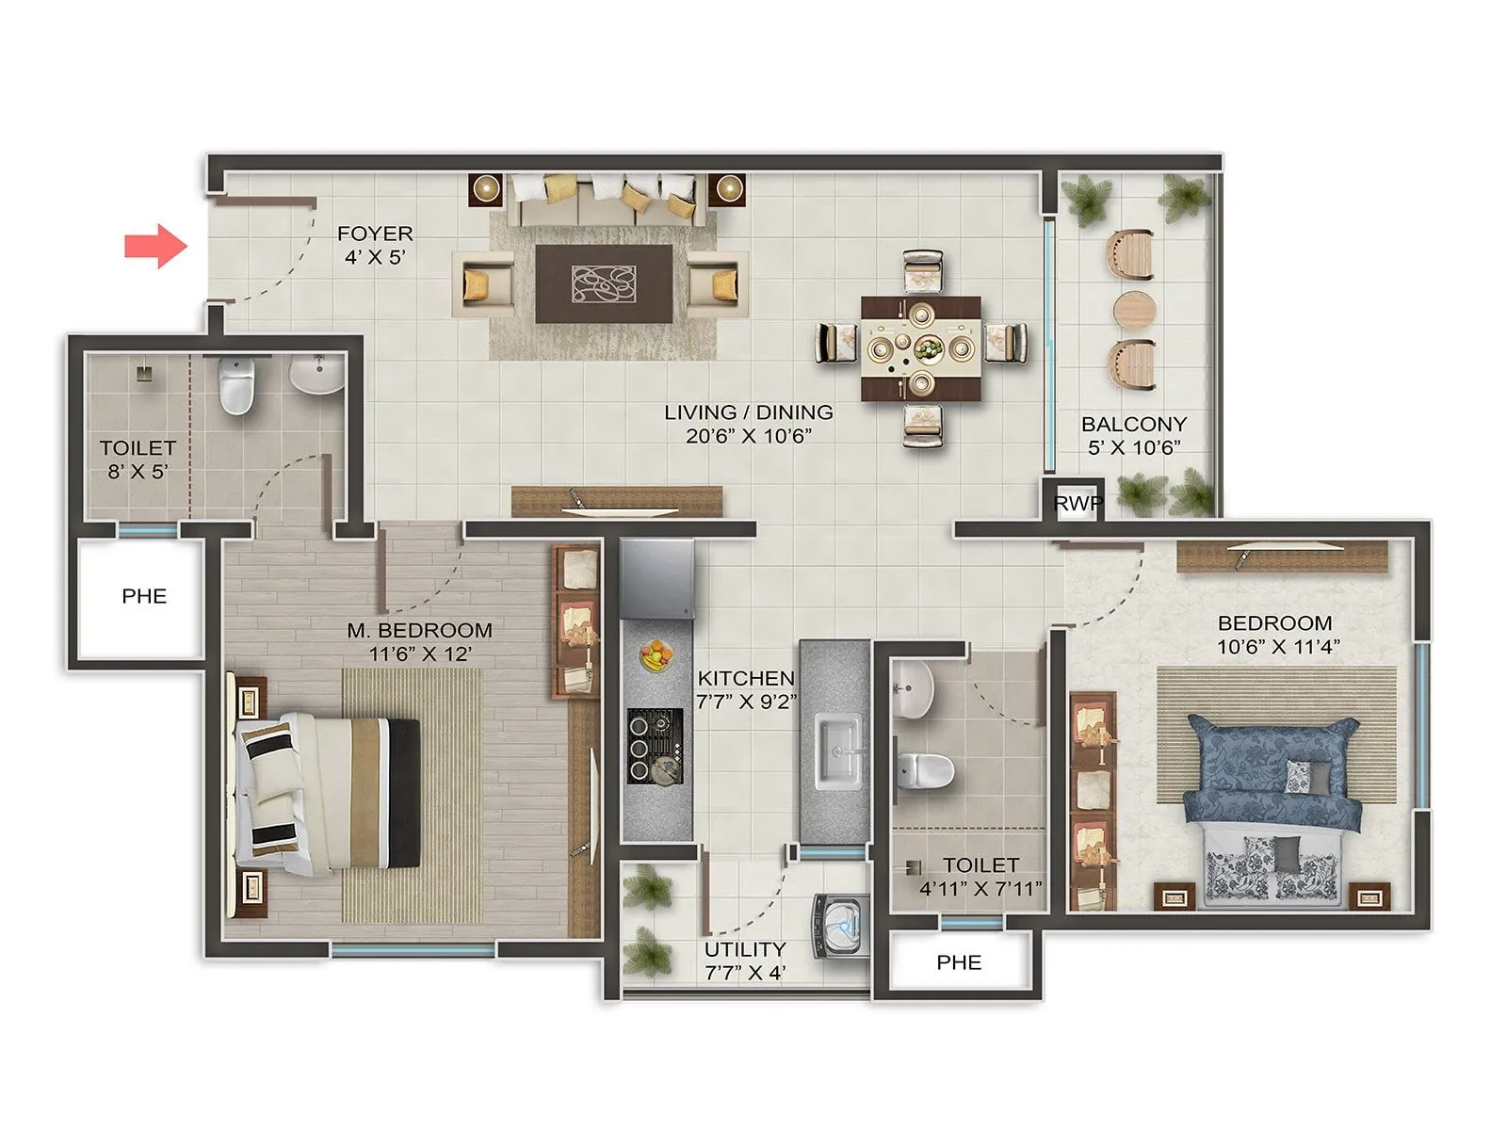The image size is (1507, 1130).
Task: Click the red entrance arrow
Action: point(156,246)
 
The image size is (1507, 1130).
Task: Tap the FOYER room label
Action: point(375,234)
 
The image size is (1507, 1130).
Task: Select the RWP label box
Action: point(1077,503)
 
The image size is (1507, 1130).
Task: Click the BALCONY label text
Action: point(1133,424)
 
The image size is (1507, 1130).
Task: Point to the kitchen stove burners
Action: point(655,746)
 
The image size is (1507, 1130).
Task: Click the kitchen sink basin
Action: point(838,749)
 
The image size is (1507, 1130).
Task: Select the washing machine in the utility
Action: point(842,925)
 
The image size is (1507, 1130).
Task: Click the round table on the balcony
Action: point(1133,309)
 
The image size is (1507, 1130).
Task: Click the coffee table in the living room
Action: point(604,283)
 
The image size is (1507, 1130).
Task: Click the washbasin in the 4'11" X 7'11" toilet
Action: point(912,687)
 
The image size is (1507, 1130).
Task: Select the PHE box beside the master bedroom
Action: point(143,596)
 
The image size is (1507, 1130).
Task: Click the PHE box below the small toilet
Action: point(958,962)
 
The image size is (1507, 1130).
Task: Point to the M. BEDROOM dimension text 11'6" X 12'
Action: point(420,654)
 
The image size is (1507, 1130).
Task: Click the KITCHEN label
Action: point(746,678)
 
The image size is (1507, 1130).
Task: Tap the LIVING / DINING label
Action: point(748,412)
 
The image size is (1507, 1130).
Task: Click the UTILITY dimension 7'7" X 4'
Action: point(745,973)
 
